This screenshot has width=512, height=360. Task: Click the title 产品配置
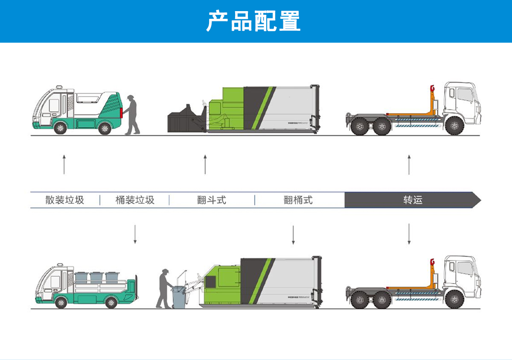[253, 21]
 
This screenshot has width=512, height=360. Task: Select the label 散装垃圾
[65, 200]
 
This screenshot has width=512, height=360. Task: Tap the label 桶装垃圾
[135, 200]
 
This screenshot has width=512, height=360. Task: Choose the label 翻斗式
[212, 200]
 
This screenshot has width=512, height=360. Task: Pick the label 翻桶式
[298, 200]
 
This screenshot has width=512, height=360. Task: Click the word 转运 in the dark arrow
[413, 200]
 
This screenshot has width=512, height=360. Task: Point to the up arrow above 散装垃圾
[64, 164]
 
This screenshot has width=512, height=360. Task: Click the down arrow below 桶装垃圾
[135, 234]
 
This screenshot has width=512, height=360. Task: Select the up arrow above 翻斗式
[205, 164]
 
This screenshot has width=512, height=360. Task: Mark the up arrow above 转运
[409, 164]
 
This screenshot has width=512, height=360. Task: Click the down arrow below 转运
[409, 234]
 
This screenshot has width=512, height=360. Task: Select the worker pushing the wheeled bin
[164, 288]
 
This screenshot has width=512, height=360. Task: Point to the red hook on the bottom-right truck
[432, 262]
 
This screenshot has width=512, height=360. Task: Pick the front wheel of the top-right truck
[454, 126]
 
